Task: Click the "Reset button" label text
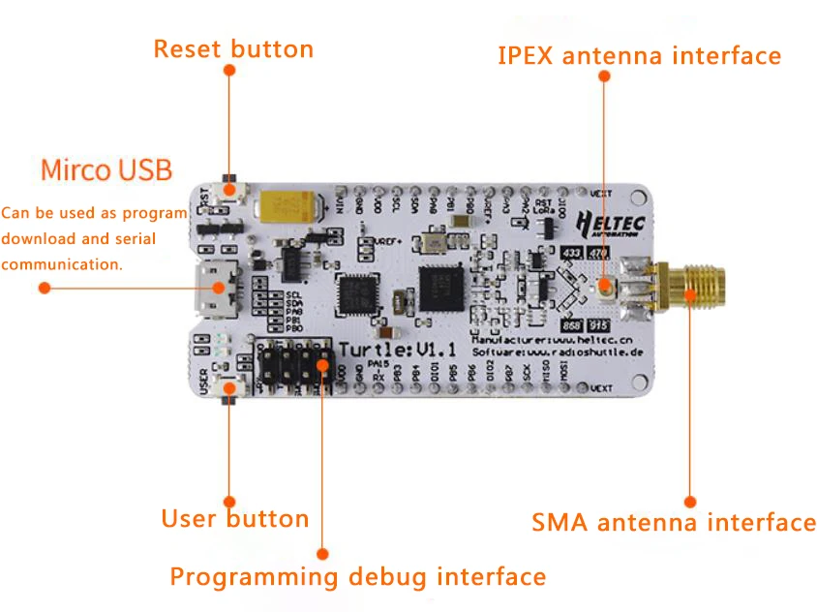coord(233,48)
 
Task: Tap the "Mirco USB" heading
coord(106,171)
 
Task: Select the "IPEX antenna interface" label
coord(639,56)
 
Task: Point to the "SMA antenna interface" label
coord(674,523)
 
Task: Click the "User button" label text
coord(235,519)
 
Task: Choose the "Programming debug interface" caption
coord(358,577)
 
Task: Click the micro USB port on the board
coord(212,287)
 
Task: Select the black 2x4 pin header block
coord(293,368)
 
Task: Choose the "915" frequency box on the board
coord(601,326)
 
